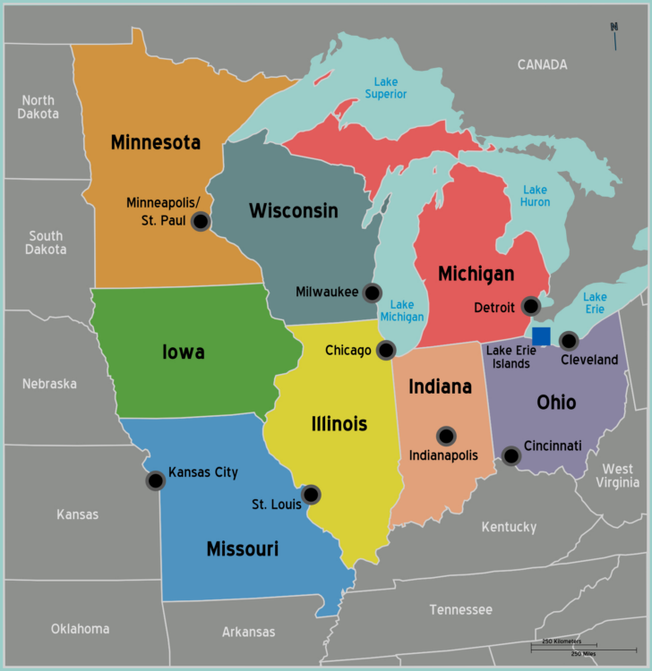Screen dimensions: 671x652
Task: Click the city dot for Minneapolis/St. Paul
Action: pos(201,221)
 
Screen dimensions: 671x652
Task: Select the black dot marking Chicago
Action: pos(386,350)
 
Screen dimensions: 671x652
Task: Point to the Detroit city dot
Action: pos(531,306)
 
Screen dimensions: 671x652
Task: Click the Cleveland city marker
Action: pos(569,340)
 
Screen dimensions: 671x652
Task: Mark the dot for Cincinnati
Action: pos(510,455)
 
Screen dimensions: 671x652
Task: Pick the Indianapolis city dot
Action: pos(446,436)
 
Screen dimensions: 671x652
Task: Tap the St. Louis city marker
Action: pos(311,494)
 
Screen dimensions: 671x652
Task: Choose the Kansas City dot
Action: pos(155,480)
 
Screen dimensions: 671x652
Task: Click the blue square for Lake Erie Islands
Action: pos(541,336)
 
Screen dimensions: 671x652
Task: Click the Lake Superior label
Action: pos(385,88)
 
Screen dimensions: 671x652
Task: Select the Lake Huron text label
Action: pos(535,195)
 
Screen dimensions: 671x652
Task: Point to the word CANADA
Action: pos(542,64)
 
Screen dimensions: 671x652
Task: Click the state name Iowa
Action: pos(183,352)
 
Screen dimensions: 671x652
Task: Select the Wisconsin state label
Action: pos(293,211)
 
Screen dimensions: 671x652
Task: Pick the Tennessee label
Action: pos(460,609)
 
